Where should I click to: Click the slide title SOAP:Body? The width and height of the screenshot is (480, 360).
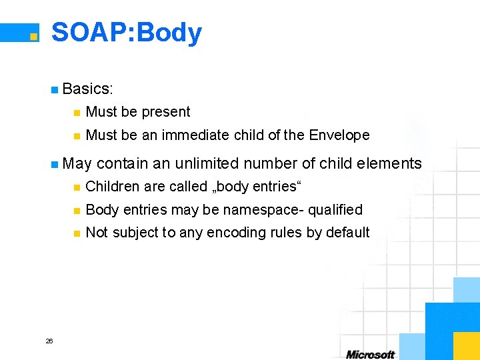127,33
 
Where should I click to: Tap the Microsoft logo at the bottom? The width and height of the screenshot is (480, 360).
370,354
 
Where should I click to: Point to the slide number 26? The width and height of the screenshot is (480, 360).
49,341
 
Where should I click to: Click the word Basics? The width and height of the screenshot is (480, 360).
87,88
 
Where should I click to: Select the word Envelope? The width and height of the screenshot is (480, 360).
339,135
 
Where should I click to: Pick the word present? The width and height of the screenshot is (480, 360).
165,112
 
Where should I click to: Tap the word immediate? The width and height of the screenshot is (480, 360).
197,135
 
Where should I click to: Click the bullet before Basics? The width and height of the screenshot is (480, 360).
54,89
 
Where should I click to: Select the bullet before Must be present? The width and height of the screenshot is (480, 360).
77,113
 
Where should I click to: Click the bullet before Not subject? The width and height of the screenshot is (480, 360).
77,233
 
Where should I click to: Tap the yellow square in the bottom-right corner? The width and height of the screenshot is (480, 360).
466,345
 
